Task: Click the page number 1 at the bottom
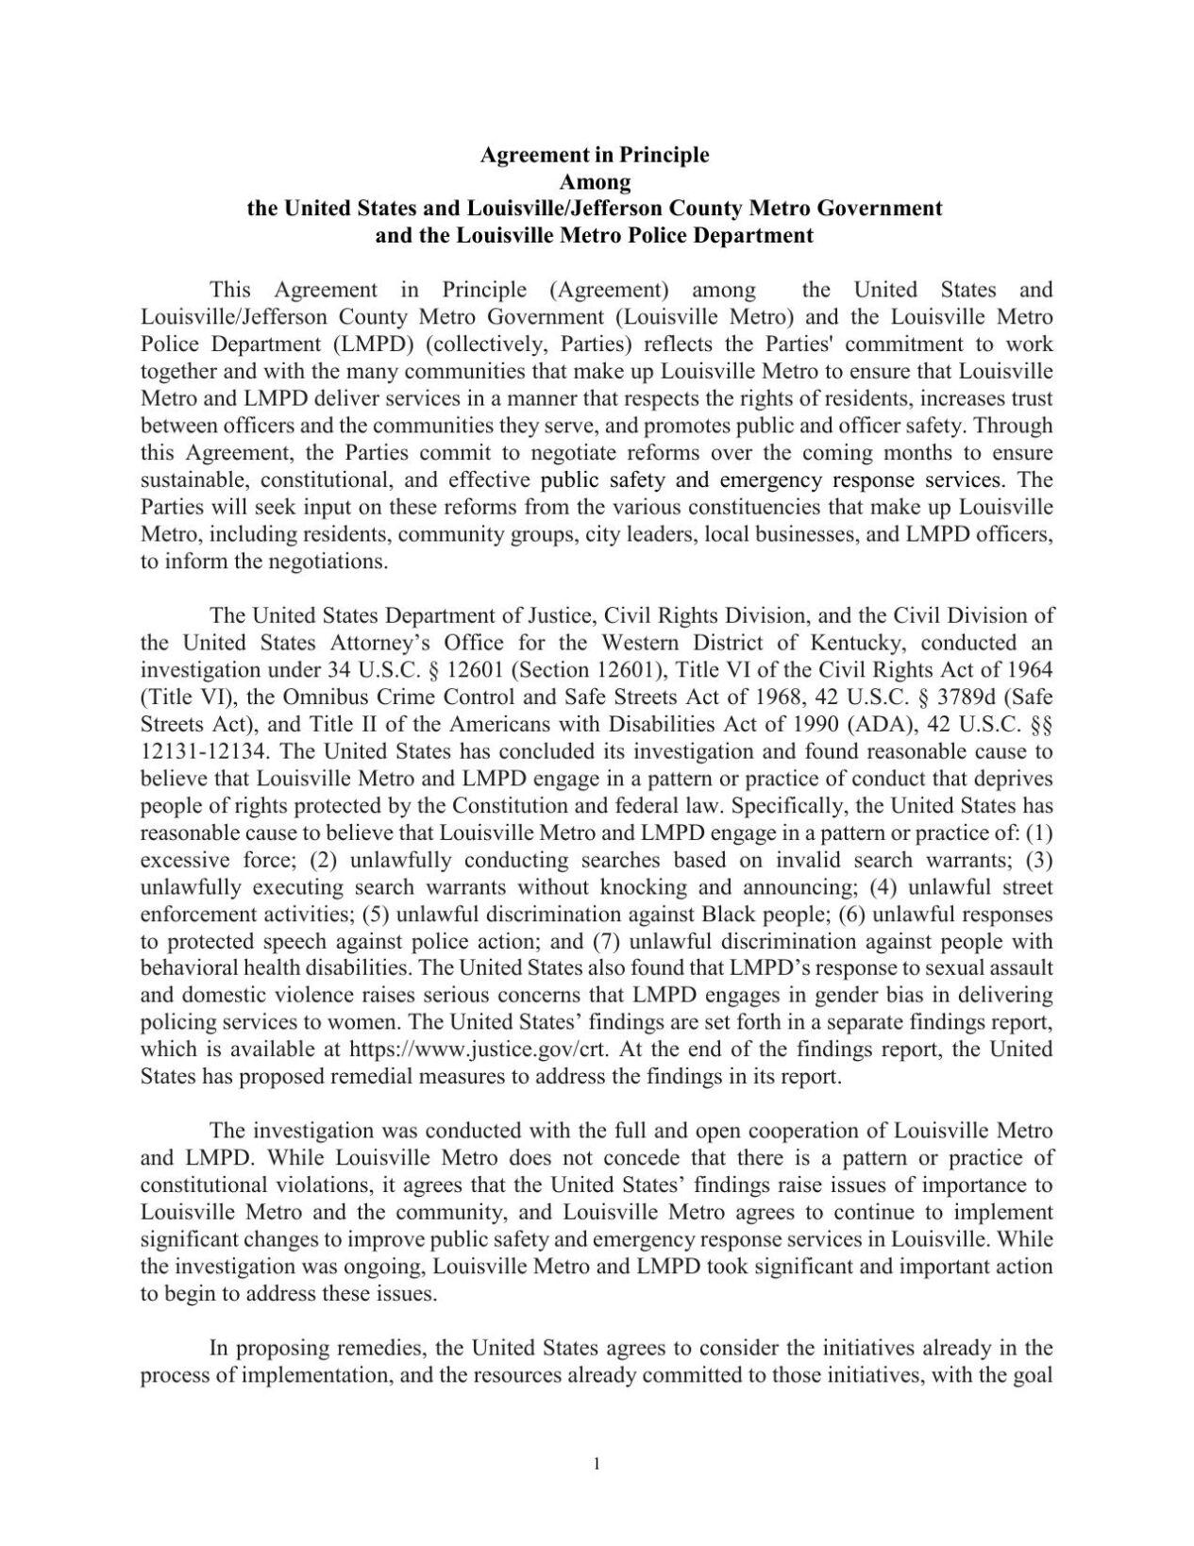click(x=597, y=1464)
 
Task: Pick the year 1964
click(x=1026, y=670)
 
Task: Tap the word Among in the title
click(x=595, y=180)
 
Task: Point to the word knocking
click(x=622, y=887)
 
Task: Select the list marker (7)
click(x=605, y=941)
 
